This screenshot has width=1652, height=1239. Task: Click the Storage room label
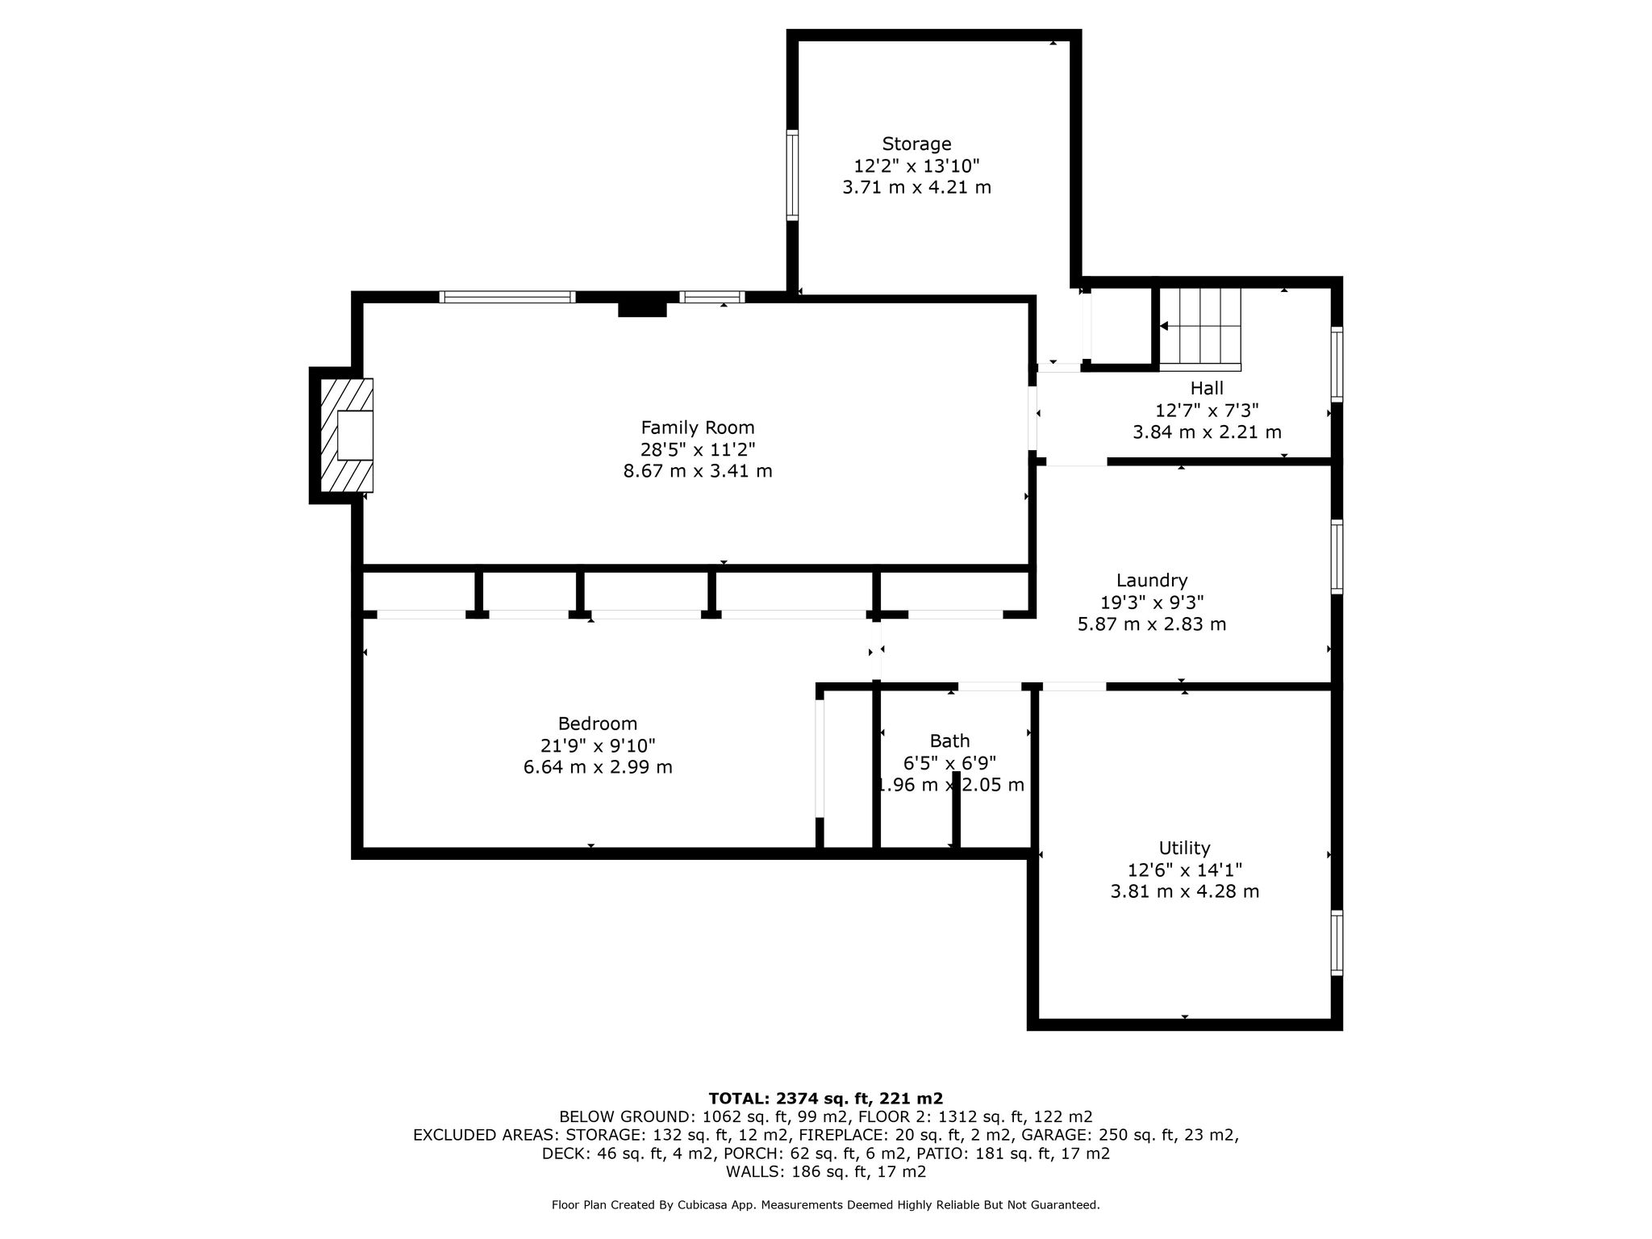(916, 144)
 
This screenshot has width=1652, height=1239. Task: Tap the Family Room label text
(698, 428)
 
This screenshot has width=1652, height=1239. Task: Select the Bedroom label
(598, 724)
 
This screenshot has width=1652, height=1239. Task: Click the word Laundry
(1152, 581)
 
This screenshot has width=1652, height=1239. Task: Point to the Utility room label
(1184, 849)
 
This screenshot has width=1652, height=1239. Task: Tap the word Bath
(949, 741)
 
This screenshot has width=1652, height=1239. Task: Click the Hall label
(1207, 389)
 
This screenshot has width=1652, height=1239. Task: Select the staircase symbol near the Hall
(1199, 327)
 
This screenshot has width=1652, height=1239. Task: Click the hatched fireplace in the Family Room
(347, 436)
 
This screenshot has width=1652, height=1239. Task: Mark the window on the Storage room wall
(792, 175)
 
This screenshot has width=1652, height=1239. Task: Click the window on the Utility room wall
(1337, 943)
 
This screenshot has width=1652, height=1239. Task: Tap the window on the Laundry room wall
(1337, 557)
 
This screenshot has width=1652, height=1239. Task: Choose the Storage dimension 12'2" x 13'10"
(916, 166)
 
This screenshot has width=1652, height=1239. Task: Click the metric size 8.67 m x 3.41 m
(698, 471)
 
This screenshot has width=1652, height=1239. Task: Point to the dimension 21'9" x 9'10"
(598, 746)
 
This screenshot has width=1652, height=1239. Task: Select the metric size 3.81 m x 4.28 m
(1184, 892)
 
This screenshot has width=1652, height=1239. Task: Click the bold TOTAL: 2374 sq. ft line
(825, 1099)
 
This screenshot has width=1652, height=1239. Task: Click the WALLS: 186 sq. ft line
(825, 1173)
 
